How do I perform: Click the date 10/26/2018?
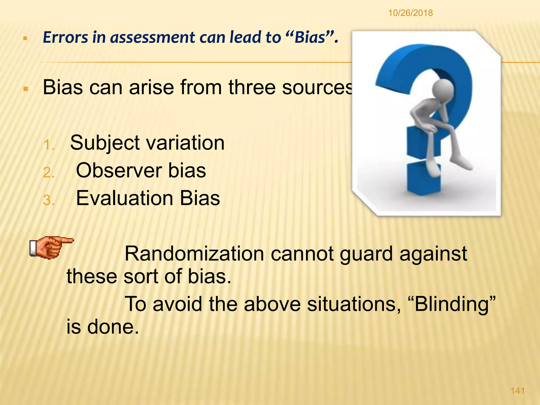tap(410, 13)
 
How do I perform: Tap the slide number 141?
tap(518, 391)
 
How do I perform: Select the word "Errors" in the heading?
tap(65, 37)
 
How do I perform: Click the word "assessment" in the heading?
tap(153, 37)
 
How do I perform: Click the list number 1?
tap(49, 145)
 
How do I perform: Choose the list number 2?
tap(49, 173)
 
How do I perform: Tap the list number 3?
tap(49, 200)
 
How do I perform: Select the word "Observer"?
tap(119, 171)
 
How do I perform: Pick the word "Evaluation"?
tap(124, 198)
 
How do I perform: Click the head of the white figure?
tap(443, 89)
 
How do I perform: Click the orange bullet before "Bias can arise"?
tap(26, 89)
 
